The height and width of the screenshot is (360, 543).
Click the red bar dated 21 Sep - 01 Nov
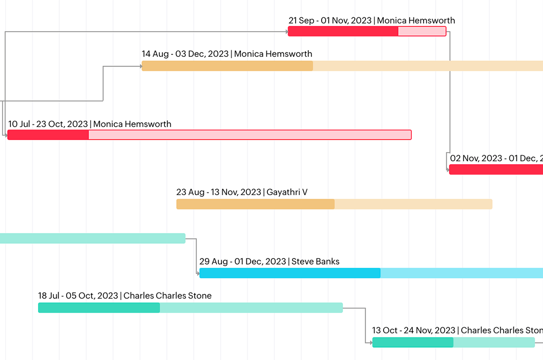click(367, 31)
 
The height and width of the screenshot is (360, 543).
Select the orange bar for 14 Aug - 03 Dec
click(342, 66)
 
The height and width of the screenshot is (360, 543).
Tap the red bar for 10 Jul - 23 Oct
click(209, 135)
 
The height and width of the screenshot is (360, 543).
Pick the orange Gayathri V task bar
click(334, 204)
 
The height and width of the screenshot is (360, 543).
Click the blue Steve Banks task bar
click(371, 273)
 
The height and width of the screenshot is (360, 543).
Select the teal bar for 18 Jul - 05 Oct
click(190, 308)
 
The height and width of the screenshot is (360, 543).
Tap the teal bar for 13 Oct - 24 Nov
click(453, 343)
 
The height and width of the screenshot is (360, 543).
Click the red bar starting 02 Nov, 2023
click(496, 170)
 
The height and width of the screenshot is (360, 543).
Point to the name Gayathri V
click(287, 192)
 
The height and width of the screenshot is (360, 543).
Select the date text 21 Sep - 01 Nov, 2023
click(330, 20)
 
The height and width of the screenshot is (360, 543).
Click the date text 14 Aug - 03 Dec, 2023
click(185, 54)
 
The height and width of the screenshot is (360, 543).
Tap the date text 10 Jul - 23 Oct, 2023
click(48, 124)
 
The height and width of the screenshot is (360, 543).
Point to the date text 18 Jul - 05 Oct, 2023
click(78, 295)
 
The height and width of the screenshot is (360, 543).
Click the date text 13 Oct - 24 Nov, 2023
click(413, 330)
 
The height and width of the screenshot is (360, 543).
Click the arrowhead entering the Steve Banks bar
click(198, 273)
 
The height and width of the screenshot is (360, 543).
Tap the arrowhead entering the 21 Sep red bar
click(286, 31)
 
